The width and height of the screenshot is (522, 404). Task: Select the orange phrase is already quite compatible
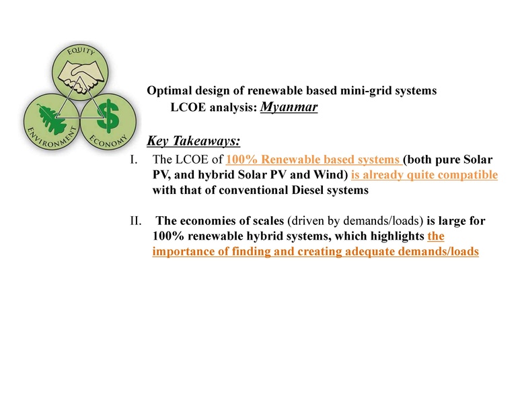[x=424, y=175]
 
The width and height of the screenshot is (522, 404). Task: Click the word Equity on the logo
[x=79, y=51]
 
